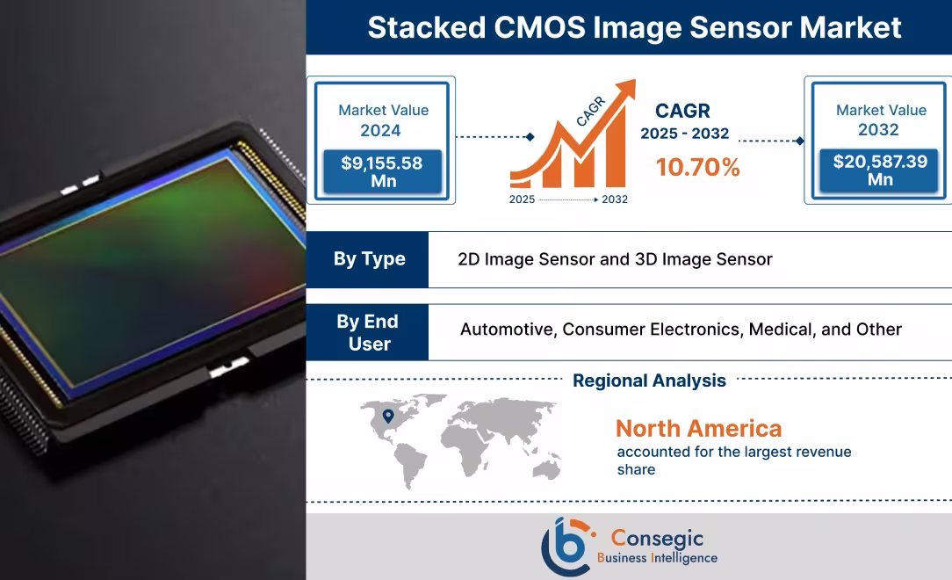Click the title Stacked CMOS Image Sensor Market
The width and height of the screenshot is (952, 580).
[633, 27]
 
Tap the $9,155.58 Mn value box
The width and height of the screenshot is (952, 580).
[383, 171]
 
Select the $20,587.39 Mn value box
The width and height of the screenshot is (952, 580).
[880, 170]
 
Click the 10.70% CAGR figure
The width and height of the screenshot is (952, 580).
[697, 167]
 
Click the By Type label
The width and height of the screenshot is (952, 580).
[369, 259]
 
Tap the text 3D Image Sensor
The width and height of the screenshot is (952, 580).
[703, 259]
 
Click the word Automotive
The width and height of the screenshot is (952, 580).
[507, 330]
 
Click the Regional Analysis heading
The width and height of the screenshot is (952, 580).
[649, 381]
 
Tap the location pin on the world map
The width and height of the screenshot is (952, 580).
[387, 416]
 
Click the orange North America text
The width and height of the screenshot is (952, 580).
[698, 429]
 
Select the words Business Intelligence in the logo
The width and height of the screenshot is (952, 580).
[657, 558]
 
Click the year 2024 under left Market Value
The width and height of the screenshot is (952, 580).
[380, 131]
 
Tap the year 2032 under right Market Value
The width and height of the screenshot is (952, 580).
[878, 130]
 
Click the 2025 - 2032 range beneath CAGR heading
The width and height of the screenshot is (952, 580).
[684, 134]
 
